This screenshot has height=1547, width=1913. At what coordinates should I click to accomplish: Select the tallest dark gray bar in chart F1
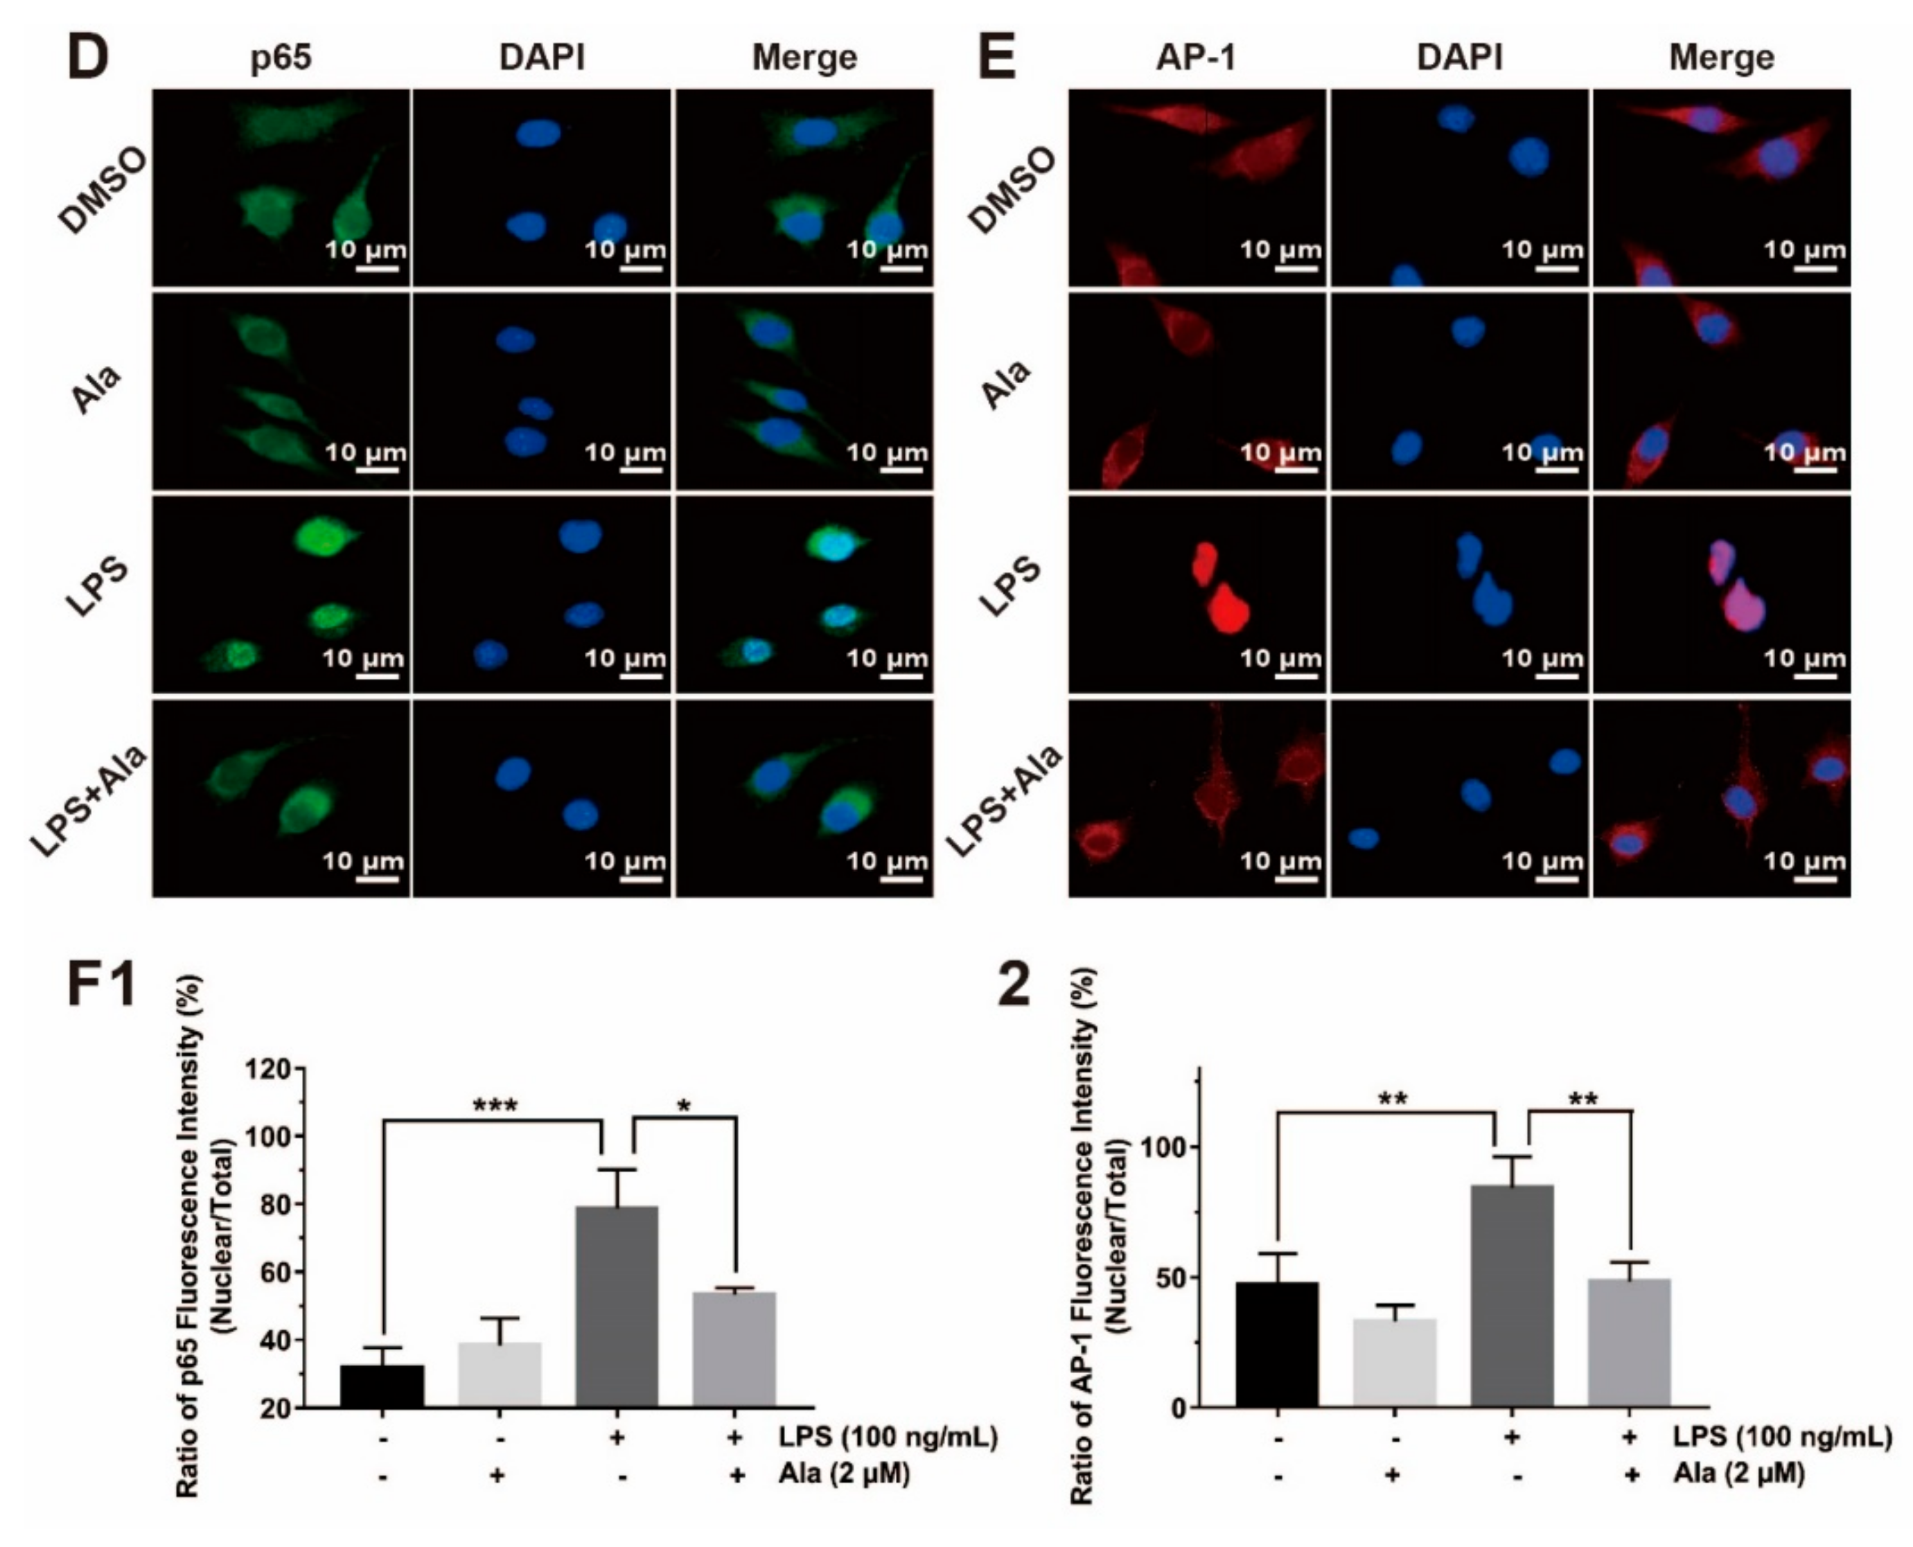[617, 1307]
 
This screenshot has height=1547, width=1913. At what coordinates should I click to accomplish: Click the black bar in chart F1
[382, 1386]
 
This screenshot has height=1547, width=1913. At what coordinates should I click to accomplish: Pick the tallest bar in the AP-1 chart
[1512, 1296]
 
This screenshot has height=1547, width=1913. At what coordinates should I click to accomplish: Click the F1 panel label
[102, 987]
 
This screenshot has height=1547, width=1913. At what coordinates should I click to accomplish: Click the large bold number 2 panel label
[1013, 987]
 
